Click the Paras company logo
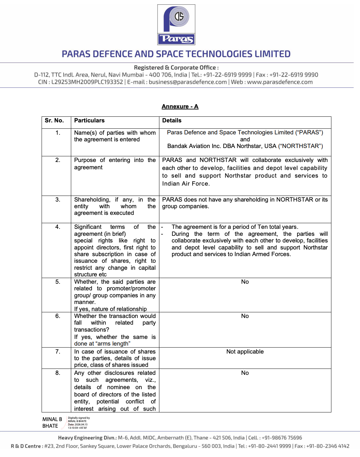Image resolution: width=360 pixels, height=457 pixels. click(x=176, y=25)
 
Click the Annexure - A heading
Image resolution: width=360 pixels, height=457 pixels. click(x=180, y=106)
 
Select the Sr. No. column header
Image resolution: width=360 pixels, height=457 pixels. click(x=54, y=120)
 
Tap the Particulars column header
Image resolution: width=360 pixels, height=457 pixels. click(x=89, y=120)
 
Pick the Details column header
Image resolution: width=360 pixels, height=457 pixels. click(x=172, y=120)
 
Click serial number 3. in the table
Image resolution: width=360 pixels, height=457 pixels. click(x=58, y=200)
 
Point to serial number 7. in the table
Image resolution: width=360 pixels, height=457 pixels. click(x=58, y=352)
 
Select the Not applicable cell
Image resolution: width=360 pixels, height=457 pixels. click(x=245, y=352)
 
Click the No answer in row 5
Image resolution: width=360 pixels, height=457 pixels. click(x=245, y=282)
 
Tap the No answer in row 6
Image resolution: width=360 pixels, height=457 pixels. click(x=245, y=316)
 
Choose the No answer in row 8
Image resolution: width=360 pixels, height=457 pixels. click(x=245, y=373)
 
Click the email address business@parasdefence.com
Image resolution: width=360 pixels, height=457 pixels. click(x=188, y=82)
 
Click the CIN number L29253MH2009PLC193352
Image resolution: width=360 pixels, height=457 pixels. click(x=87, y=82)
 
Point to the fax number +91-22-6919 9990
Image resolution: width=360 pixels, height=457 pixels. click(x=293, y=75)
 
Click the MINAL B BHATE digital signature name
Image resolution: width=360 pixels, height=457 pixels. click(x=52, y=422)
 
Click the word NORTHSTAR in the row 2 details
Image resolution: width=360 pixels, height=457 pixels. click(x=218, y=160)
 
